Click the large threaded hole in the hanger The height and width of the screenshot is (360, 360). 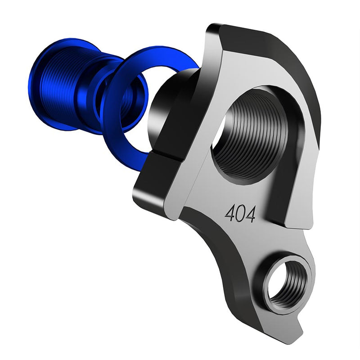pos(252,135)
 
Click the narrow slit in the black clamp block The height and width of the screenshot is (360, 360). pos(166,157)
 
